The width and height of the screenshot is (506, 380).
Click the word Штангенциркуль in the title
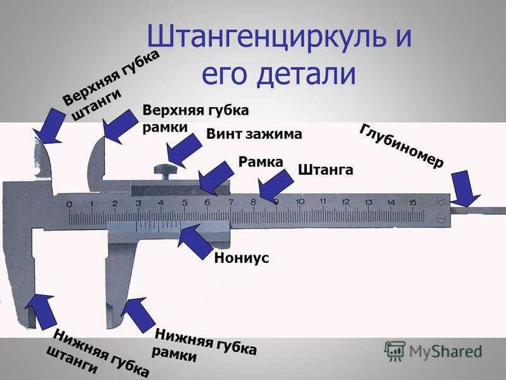pos(266,37)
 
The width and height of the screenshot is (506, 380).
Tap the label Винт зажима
pos(254,134)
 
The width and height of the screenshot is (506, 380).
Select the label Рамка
pos(261,161)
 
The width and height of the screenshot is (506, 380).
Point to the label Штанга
pos(325,170)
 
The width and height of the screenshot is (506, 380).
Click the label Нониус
pos(242,258)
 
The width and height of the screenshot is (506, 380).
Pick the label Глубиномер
pos(402,146)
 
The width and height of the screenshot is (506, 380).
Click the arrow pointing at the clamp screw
pos(183,151)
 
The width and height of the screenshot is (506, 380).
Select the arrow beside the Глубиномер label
pos(465,189)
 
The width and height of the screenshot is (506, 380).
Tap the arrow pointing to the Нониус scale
pos(195,241)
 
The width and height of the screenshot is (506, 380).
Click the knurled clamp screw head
pos(166,169)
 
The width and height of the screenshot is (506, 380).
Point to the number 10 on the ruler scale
pos(300,201)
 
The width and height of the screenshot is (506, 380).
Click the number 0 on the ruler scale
pos(69,204)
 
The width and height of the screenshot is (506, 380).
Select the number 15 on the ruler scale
pos(412,203)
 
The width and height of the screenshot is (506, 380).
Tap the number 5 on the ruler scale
pos(185,203)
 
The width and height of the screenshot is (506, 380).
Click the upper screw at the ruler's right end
pos(441,201)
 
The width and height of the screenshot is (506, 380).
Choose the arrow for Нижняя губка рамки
pos(137,314)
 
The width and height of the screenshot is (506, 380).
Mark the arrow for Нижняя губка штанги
pos(40,312)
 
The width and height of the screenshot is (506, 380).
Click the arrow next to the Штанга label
pos(276,184)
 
